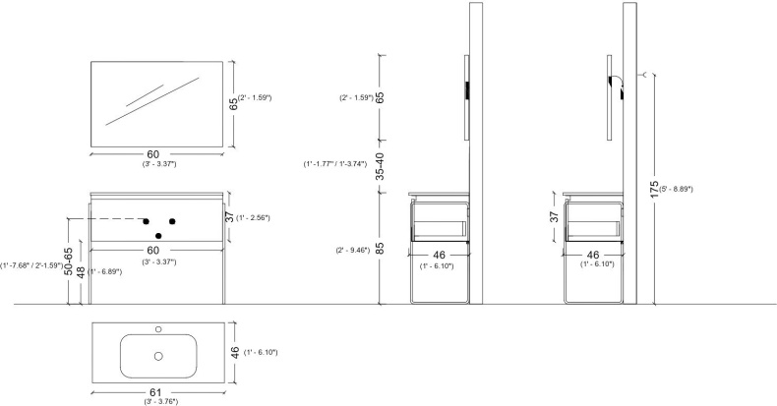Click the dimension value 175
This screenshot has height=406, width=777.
655,190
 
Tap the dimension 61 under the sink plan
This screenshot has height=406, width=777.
155,392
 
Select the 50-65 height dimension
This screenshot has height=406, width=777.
69,261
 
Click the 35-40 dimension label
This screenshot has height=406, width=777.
380,166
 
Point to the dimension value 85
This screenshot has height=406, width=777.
380,248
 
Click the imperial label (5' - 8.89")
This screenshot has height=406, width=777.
676,189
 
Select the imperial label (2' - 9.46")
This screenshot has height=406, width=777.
353,250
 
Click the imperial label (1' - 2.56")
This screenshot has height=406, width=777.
253,218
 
